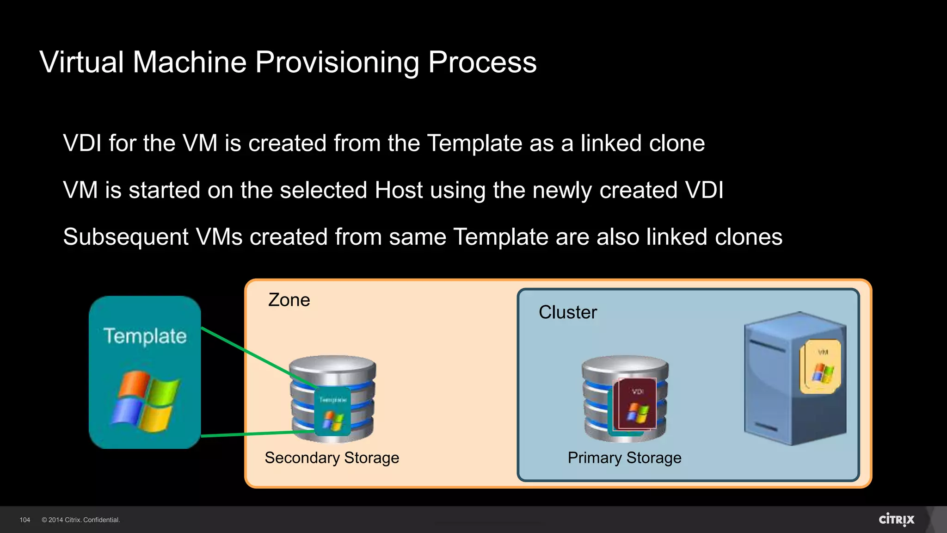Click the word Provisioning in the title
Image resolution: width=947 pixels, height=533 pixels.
[x=337, y=63]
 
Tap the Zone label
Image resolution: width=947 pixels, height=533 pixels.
[x=289, y=300]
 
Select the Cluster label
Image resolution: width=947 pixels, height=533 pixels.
[x=568, y=312]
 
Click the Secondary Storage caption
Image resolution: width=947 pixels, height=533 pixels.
[x=332, y=458]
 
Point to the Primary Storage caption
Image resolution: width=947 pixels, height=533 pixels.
[x=624, y=458]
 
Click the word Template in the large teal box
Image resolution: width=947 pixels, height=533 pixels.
[x=145, y=336]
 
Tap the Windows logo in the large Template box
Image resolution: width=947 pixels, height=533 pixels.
[x=145, y=401]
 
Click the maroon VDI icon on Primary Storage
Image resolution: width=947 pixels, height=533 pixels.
[x=637, y=405]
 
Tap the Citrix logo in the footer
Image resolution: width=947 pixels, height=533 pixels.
[x=896, y=520]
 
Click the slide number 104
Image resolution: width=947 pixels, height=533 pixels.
[x=25, y=520]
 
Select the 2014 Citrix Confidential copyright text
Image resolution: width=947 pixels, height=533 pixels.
[x=81, y=520]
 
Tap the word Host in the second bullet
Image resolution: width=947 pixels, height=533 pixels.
[x=399, y=190]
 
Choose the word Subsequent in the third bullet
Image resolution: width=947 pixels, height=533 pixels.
[x=126, y=237]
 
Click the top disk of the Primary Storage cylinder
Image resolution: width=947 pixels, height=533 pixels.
[x=625, y=364]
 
